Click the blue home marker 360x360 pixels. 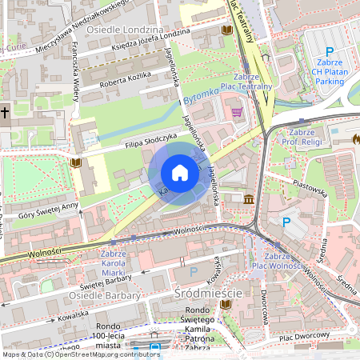pos(180,172)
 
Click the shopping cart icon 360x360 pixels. pos(237,112)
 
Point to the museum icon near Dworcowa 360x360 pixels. pos(250,198)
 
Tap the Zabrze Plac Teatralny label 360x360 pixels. pos(247,81)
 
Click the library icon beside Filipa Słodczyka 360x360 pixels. pos(76,162)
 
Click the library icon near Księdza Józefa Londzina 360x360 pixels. pos(226,30)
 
